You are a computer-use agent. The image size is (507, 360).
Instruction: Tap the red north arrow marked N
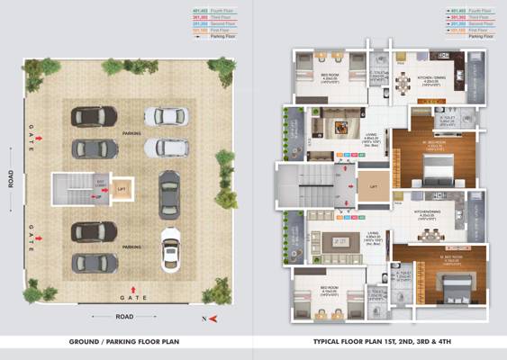click(210, 319)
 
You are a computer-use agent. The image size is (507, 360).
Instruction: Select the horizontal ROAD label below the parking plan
click(124, 316)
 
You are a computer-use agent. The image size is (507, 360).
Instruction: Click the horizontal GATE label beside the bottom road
click(131, 295)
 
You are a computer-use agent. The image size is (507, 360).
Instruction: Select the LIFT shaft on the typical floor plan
click(372, 187)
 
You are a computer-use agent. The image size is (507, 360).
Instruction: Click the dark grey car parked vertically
click(169, 194)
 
